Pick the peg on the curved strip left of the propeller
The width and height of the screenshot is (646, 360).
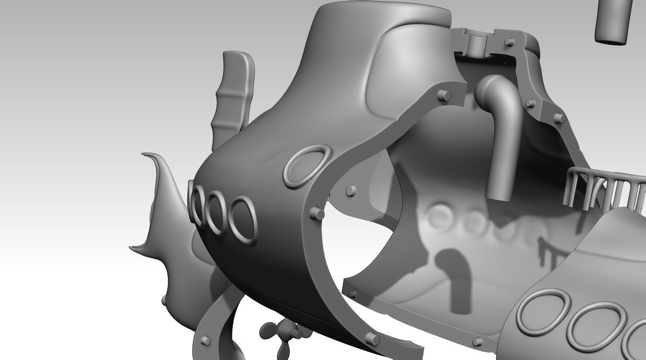204,340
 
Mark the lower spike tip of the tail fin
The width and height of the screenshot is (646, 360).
131,248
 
